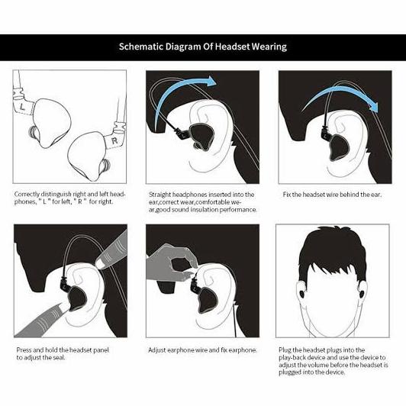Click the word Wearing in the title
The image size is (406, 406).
(x=268, y=47)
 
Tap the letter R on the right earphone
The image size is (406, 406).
(x=113, y=142)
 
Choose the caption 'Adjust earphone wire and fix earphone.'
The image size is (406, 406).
(x=201, y=350)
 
